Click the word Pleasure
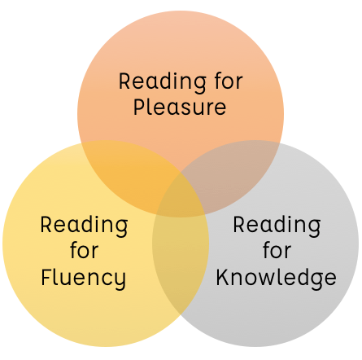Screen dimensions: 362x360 tap(180, 107)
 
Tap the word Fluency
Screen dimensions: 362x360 tap(84, 279)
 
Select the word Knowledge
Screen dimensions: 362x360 tap(276, 278)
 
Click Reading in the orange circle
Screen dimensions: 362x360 tap(163, 82)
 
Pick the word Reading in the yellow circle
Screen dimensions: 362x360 tap(84, 226)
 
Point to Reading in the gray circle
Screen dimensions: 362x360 tap(277, 226)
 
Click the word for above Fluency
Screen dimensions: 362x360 tap(84, 250)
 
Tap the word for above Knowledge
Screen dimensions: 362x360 tap(277, 250)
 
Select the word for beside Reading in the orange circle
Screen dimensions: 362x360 tap(229, 81)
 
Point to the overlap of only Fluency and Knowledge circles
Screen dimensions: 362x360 tap(181, 261)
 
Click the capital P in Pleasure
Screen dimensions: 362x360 tap(138, 107)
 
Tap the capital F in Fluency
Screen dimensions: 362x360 tap(46, 277)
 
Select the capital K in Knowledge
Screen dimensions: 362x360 tap(222, 277)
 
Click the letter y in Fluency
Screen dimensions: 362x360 tap(120, 281)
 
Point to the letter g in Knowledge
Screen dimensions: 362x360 tap(312, 281)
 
